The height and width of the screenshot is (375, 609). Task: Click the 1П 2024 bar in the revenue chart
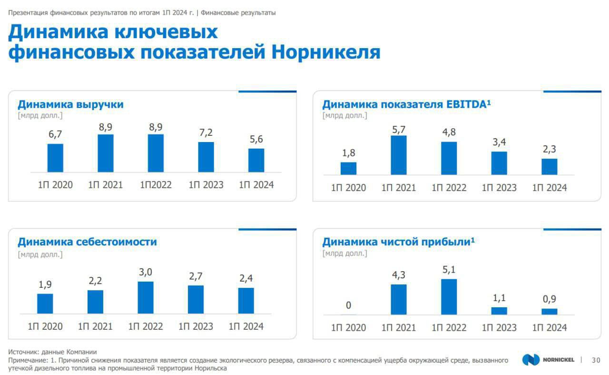point(256,160)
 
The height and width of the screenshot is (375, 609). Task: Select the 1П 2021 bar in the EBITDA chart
point(399,155)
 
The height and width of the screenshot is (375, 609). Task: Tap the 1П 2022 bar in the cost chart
point(146,297)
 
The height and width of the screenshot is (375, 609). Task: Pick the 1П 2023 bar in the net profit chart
point(499,311)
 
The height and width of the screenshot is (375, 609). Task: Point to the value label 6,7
point(55,135)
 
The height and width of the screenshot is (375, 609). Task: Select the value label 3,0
point(146,273)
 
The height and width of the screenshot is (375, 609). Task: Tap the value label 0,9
point(549,299)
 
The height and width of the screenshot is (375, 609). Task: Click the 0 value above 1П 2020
point(348,305)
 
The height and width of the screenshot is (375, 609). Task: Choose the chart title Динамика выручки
point(70,104)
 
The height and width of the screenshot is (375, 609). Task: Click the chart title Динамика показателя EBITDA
point(404,104)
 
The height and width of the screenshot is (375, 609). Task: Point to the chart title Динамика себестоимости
point(87,242)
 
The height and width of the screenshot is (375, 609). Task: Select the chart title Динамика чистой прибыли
point(396,242)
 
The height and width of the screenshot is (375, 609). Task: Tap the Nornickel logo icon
point(530,360)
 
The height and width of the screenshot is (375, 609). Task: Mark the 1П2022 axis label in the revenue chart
point(156,185)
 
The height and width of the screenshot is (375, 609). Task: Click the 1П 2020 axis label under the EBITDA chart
point(348,188)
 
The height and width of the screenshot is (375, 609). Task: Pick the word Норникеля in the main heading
point(326,52)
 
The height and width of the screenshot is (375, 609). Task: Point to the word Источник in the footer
point(22,352)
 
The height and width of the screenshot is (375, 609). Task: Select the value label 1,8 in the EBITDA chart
point(348,153)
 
